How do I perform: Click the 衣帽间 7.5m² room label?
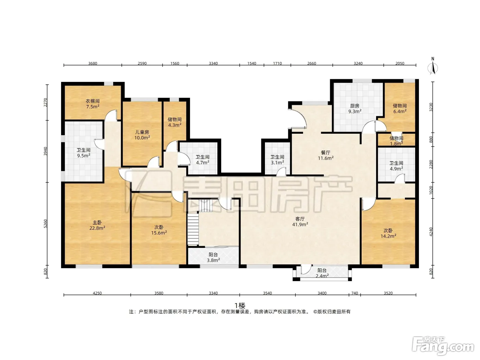tap(93, 104)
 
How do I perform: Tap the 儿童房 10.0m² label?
tap(142, 135)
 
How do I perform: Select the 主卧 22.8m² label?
tap(97, 225)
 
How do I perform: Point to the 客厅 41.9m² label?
tap(300, 221)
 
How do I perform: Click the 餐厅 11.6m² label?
tap(326, 155)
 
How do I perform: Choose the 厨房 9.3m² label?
tap(355, 109)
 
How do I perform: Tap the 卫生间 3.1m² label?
tap(277, 160)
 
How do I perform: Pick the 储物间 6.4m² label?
tap(400, 108)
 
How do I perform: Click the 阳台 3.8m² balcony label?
tap(213, 257)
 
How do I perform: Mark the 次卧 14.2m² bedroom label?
tap(388, 233)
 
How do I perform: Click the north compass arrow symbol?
tap(433, 66)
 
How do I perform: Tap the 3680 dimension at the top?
tap(93, 63)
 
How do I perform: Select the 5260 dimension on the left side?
tap(45, 224)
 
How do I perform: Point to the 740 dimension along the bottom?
tap(355, 293)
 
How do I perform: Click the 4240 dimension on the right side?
tap(431, 232)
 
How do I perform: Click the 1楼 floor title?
tap(240, 305)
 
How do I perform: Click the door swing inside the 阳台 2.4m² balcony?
tap(306, 269)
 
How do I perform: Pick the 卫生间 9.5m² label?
tap(84, 153)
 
